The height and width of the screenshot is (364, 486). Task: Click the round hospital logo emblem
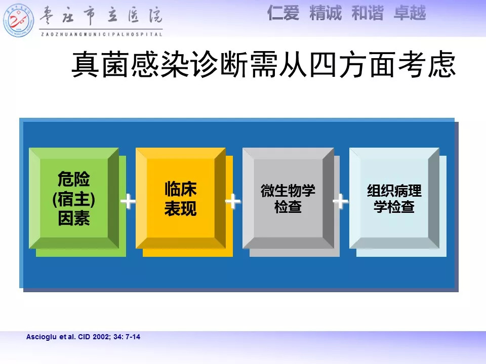click(18, 20)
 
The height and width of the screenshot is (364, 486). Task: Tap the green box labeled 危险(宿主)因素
click(74, 198)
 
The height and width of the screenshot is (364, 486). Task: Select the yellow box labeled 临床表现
click(181, 198)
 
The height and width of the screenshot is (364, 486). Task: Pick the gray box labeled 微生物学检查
click(288, 198)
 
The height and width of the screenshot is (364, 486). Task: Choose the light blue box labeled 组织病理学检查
click(394, 198)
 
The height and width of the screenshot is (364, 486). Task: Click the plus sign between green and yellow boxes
click(128, 202)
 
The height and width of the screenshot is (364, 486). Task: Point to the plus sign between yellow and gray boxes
click(233, 202)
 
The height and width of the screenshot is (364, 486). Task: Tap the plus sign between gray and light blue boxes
click(340, 202)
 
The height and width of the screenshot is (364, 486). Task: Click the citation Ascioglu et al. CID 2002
click(83, 337)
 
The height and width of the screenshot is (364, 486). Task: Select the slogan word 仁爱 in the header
click(283, 13)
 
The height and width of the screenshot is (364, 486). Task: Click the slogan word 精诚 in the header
click(326, 13)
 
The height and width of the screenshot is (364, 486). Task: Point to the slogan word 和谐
click(368, 13)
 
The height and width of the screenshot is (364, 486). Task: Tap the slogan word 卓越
click(410, 13)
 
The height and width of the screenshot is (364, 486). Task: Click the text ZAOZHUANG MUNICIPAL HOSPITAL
click(102, 34)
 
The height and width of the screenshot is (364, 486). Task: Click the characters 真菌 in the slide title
click(100, 64)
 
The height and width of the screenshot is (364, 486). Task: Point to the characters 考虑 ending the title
click(427, 64)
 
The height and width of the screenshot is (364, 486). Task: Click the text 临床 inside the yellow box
click(181, 189)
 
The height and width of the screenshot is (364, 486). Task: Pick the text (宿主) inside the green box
click(74, 199)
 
